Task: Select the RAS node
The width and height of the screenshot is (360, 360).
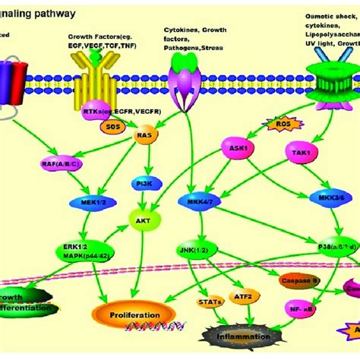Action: click(x=146, y=137)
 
